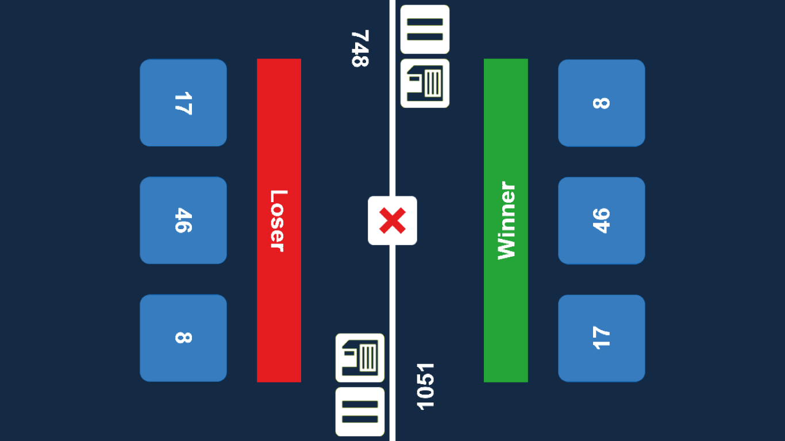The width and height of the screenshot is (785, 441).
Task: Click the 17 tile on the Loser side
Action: [183, 103]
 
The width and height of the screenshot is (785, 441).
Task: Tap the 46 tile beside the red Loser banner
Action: [183, 220]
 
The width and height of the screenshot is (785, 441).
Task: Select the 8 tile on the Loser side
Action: [183, 338]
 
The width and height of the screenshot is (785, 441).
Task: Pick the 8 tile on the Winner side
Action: [601, 103]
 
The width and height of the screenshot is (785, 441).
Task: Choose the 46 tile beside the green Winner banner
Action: [601, 220]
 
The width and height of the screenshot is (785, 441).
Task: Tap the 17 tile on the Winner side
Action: [601, 338]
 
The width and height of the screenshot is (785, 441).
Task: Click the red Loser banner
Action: [279, 115]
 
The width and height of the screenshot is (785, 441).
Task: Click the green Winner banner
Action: [506, 115]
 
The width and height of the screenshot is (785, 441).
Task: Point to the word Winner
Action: [506, 220]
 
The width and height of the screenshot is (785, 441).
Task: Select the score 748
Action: [360, 49]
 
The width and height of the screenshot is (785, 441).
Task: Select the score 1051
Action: [426, 386]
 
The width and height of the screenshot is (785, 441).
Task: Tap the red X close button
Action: [392, 220]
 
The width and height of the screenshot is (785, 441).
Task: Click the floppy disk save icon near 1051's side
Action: [425, 83]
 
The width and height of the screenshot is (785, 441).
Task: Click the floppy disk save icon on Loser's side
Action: [360, 358]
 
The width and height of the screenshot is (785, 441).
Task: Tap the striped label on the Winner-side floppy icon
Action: [433, 83]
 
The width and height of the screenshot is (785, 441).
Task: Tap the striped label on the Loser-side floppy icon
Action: [368, 358]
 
